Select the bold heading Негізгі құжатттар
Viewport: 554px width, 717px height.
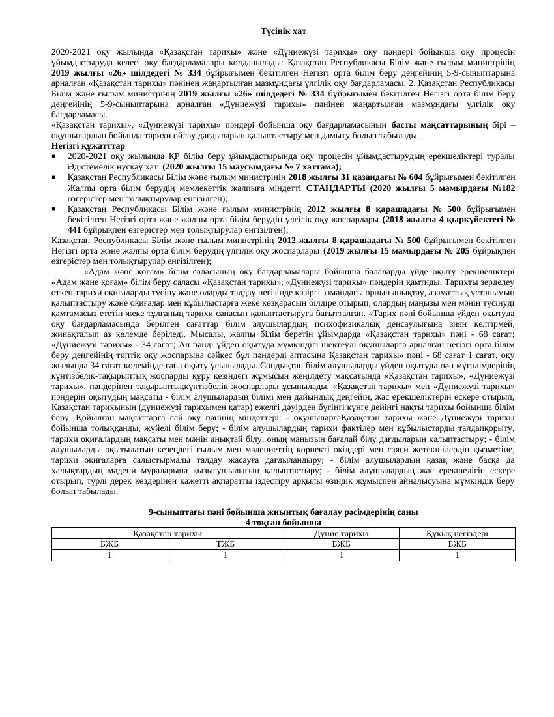click(x=88, y=146)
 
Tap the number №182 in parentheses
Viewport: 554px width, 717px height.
click(x=500, y=188)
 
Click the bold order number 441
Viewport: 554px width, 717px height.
click(x=76, y=230)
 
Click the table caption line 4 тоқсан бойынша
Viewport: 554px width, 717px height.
click(x=284, y=523)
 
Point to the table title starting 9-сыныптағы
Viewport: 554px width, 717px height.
click(x=284, y=513)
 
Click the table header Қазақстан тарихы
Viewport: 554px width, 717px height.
click(x=168, y=533)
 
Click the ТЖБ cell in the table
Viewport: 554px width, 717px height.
click(x=226, y=544)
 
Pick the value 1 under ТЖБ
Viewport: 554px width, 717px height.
click(x=226, y=555)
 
